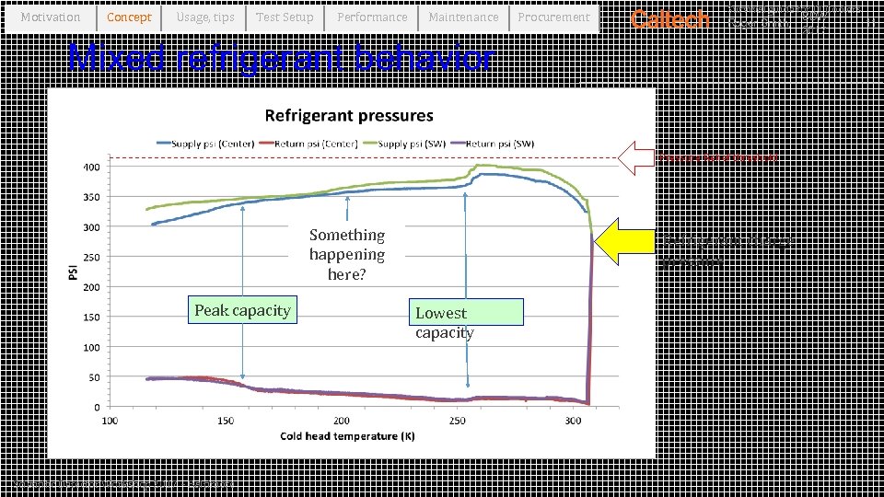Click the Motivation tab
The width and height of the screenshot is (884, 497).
click(51, 17)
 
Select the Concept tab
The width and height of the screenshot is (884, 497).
click(129, 17)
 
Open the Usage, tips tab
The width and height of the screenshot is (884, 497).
click(204, 17)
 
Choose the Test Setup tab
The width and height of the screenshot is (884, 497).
click(285, 17)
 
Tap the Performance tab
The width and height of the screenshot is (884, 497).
click(372, 17)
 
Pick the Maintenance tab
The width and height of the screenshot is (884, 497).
click(463, 17)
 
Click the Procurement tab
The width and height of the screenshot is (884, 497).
click(553, 17)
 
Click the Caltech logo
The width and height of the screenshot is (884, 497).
click(669, 19)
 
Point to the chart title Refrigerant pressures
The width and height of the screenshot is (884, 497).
click(349, 116)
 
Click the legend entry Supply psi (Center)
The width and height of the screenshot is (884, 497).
click(197, 143)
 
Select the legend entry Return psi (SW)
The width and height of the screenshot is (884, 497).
click(499, 143)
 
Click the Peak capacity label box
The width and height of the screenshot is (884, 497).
click(242, 310)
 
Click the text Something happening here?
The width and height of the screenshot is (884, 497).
click(347, 255)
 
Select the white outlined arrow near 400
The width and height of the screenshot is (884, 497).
click(635, 158)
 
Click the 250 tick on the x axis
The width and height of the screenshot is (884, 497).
click(458, 421)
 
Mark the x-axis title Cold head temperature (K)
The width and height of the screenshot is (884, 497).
click(347, 436)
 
